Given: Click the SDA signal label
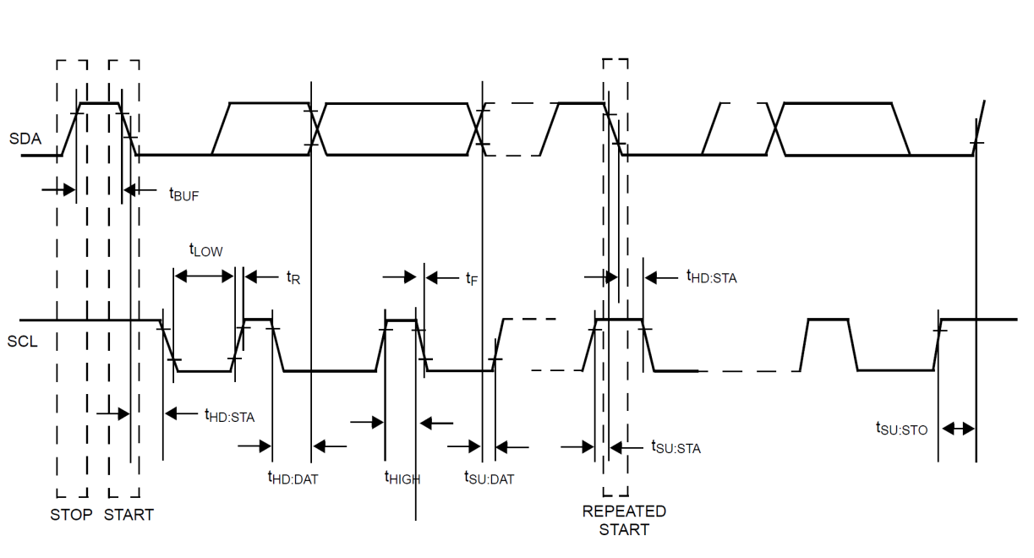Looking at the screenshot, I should [25, 138].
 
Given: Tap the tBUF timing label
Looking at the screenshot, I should [183, 194].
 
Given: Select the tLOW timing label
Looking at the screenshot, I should [205, 250].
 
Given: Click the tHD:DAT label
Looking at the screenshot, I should [293, 479].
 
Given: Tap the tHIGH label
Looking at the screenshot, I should [402, 479].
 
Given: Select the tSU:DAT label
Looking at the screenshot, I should [489, 479].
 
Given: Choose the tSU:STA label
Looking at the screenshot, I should [676, 448].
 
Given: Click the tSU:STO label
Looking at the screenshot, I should [901, 429].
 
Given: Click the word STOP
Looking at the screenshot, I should [71, 514].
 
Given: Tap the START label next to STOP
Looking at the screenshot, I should [129, 514].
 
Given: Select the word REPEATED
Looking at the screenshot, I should [624, 511].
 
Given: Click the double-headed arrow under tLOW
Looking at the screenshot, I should [203, 276].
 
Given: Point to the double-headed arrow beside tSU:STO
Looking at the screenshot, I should [958, 429].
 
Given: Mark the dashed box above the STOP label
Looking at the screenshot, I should [71, 279].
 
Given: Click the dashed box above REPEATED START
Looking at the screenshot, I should [615, 279].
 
